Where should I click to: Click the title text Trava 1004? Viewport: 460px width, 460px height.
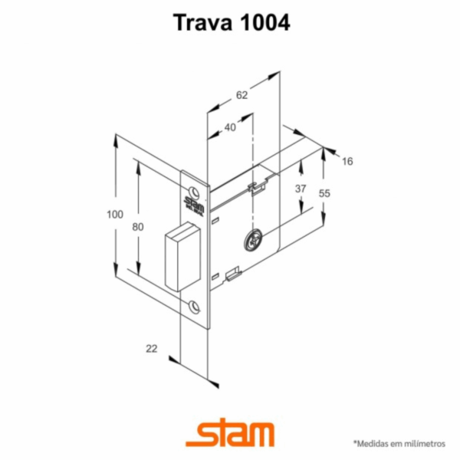tap(229, 23)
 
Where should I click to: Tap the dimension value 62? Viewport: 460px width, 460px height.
tap(242, 95)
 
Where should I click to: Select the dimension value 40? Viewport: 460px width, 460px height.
tap(230, 128)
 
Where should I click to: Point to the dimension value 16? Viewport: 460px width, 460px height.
tap(347, 161)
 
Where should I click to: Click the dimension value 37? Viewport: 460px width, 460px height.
tap(301, 189)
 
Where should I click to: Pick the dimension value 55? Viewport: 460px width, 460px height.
tap(324, 194)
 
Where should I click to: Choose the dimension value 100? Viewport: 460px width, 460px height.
tap(115, 215)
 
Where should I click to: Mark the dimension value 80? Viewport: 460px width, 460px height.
tap(138, 227)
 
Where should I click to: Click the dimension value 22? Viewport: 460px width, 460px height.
tap(151, 349)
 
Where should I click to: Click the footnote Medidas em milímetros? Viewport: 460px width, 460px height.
tap(399, 443)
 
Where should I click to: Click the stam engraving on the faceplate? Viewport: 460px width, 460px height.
tap(192, 204)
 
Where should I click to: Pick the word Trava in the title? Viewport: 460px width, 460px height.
tap(200, 23)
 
